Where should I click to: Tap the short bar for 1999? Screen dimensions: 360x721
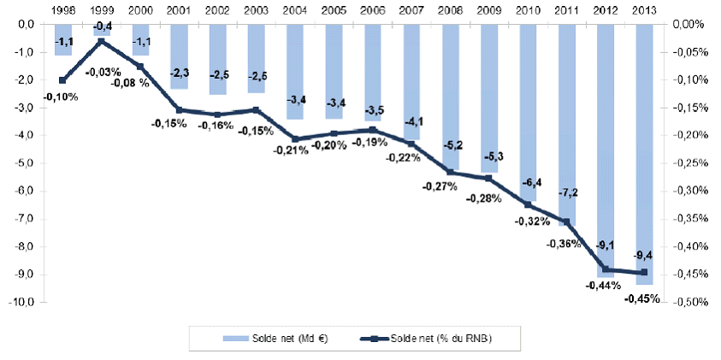pos(101,29)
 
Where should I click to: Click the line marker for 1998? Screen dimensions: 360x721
pos(62,80)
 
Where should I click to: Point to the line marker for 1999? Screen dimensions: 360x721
pos(101,40)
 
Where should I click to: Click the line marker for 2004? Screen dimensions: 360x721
pos(294,139)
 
